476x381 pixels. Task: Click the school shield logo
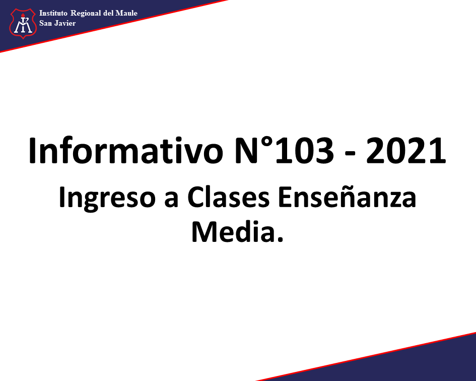coord(23,23)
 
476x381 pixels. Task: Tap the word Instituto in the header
coord(53,13)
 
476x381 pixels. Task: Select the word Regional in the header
coord(86,14)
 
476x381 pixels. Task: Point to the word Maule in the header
coord(126,13)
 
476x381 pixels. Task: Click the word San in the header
coord(45,23)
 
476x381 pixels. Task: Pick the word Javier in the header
coord(65,23)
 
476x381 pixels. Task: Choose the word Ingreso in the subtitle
coord(107,198)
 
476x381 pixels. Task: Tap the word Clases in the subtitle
coord(228,197)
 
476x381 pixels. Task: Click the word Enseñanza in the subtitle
coord(347,197)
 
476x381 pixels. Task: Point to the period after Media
coord(280,239)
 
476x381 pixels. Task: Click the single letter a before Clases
coord(171,200)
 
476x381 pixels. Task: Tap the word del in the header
coord(108,13)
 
